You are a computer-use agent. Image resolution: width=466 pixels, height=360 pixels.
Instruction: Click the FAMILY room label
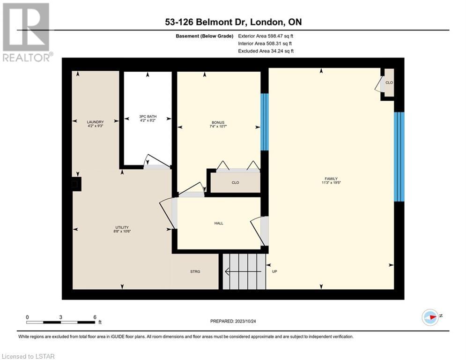click(x=331, y=179)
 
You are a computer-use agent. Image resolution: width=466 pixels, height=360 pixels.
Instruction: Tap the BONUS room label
click(x=218, y=123)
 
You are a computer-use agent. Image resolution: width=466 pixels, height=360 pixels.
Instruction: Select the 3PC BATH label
click(x=148, y=117)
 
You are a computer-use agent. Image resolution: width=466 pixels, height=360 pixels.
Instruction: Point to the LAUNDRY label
click(x=95, y=122)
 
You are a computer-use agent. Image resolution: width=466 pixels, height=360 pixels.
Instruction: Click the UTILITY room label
click(x=122, y=227)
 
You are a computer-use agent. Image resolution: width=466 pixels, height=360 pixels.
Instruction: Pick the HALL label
click(x=219, y=223)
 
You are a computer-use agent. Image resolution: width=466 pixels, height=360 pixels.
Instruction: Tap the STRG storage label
click(x=195, y=271)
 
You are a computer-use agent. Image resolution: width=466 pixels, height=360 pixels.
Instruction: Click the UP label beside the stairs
click(x=274, y=271)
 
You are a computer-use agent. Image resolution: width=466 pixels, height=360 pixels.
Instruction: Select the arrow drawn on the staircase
click(x=243, y=271)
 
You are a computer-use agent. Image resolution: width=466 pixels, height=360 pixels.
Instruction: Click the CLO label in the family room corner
click(x=389, y=82)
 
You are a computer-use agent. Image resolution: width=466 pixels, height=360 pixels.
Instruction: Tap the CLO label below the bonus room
click(x=236, y=182)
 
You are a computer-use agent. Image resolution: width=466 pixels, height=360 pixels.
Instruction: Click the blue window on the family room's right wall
click(x=399, y=157)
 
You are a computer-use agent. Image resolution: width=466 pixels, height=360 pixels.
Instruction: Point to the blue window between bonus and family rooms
click(x=265, y=122)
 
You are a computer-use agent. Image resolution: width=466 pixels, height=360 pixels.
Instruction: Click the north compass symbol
click(x=430, y=317)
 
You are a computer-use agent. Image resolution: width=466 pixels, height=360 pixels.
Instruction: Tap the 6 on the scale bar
click(x=95, y=317)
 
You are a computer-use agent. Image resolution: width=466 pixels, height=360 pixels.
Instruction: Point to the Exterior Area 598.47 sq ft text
click(x=266, y=36)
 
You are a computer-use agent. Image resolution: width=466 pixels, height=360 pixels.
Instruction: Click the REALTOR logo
click(x=26, y=32)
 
